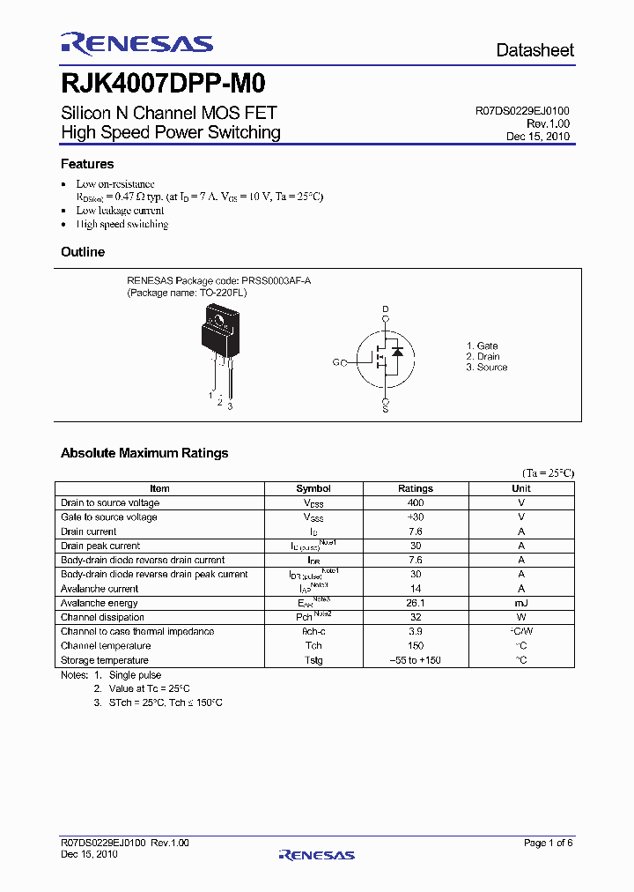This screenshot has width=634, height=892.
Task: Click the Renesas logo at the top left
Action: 136,44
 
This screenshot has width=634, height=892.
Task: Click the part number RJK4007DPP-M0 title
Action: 163,84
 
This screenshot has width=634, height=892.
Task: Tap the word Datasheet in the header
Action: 534,50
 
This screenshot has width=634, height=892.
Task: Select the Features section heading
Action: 87,164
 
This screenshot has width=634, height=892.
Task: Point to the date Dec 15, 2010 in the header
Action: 537,137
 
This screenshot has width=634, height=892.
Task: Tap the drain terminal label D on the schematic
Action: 385,309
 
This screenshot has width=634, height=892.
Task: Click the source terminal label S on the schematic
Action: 385,409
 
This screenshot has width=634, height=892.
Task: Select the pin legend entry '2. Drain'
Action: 483,357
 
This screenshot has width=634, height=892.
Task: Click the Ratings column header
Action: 416,488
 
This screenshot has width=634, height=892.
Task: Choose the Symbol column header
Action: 313,488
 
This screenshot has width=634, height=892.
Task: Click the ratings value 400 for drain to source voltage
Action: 416,502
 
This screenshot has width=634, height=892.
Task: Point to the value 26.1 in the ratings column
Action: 416,603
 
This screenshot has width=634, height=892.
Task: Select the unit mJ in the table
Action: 521,603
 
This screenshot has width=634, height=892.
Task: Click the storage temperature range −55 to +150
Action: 416,660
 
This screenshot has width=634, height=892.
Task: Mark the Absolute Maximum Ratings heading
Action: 144,453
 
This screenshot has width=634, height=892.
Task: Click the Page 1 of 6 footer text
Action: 548,844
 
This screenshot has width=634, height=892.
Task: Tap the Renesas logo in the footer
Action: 316,854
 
